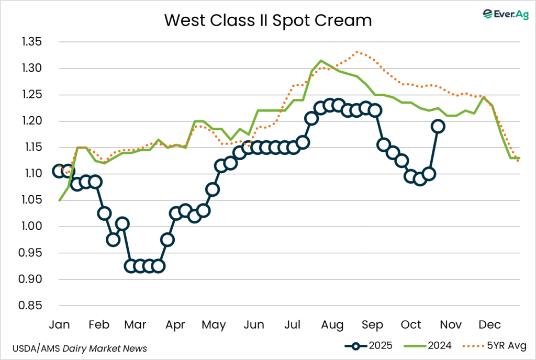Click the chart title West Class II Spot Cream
click(268, 20)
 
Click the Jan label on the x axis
click(59, 325)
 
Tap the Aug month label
click(332, 325)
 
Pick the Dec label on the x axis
click(489, 325)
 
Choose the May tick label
click(214, 325)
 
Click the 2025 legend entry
click(367, 345)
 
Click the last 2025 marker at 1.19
click(438, 126)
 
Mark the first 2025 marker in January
click(60, 171)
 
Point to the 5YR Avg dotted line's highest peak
click(357, 52)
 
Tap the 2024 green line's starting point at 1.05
click(60, 200)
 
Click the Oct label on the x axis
click(411, 325)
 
